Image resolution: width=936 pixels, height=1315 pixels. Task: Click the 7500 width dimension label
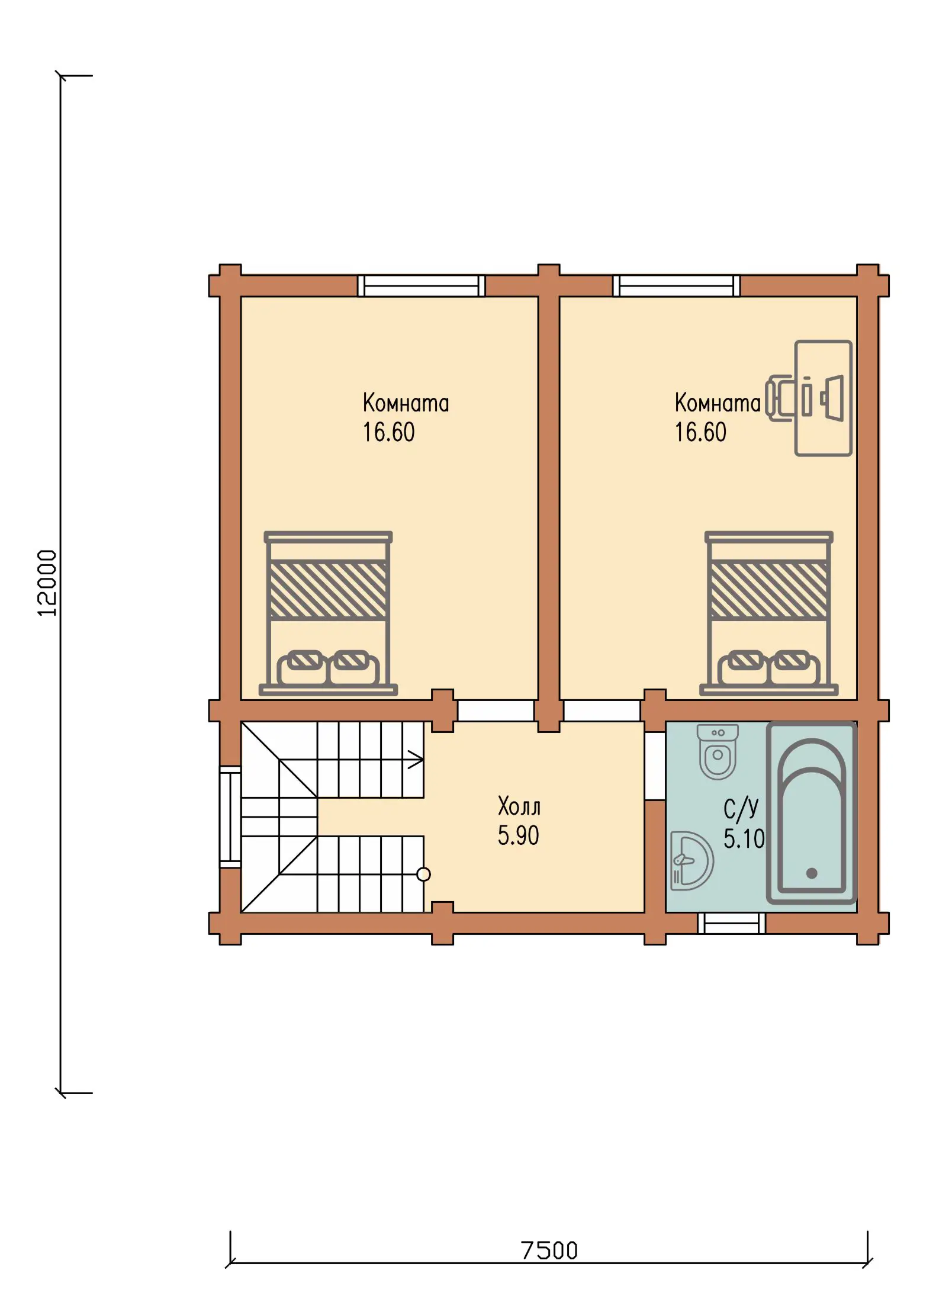tap(549, 1250)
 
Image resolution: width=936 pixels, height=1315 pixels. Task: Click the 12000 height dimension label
tap(47, 583)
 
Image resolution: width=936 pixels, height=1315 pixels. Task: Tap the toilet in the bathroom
tap(718, 751)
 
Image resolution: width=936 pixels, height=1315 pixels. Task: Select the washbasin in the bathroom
tap(691, 861)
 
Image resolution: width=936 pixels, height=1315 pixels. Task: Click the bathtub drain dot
tap(812, 873)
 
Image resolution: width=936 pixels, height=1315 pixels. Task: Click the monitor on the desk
tap(832, 398)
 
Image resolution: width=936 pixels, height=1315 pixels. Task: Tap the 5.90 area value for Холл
tap(518, 835)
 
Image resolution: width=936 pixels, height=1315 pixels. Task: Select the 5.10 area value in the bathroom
tap(744, 839)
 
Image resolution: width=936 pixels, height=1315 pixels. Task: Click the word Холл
tap(519, 806)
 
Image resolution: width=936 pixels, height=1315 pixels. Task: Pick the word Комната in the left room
tap(406, 403)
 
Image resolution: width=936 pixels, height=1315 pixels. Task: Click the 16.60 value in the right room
tap(700, 432)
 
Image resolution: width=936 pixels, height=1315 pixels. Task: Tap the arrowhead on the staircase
tap(416, 759)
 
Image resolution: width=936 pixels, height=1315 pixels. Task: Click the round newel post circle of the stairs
tap(423, 874)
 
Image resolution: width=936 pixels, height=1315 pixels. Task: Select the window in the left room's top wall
tap(422, 285)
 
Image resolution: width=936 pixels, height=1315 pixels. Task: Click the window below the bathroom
tap(731, 923)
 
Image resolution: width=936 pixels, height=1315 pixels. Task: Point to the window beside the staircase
tap(230, 816)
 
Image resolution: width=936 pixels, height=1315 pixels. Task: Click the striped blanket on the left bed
tap(328, 590)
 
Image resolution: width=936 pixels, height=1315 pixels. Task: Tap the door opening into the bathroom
tap(655, 766)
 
